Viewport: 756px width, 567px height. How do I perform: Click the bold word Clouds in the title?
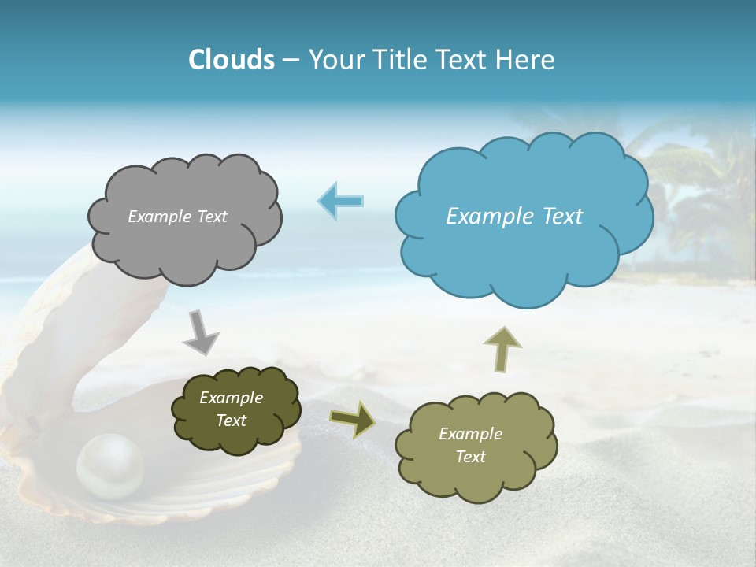(x=231, y=59)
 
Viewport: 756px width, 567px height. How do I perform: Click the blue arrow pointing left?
(x=340, y=201)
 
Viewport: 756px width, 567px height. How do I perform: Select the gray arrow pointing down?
(x=202, y=332)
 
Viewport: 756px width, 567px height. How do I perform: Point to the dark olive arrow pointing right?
(x=353, y=419)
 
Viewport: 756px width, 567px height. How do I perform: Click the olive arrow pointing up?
(x=501, y=348)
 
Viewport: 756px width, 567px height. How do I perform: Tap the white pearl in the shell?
(x=110, y=469)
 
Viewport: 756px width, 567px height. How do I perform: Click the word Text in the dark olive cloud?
(x=231, y=421)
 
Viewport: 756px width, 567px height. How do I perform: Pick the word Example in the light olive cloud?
(x=470, y=434)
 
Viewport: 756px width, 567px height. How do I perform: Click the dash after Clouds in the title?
(x=291, y=61)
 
